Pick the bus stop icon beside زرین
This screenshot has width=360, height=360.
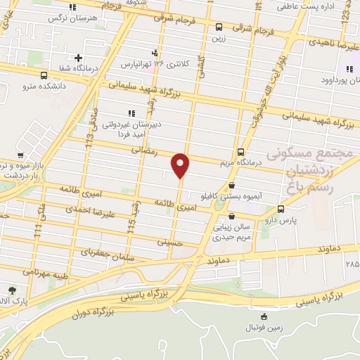coord(219,28)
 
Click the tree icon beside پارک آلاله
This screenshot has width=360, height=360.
coord(13,290)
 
